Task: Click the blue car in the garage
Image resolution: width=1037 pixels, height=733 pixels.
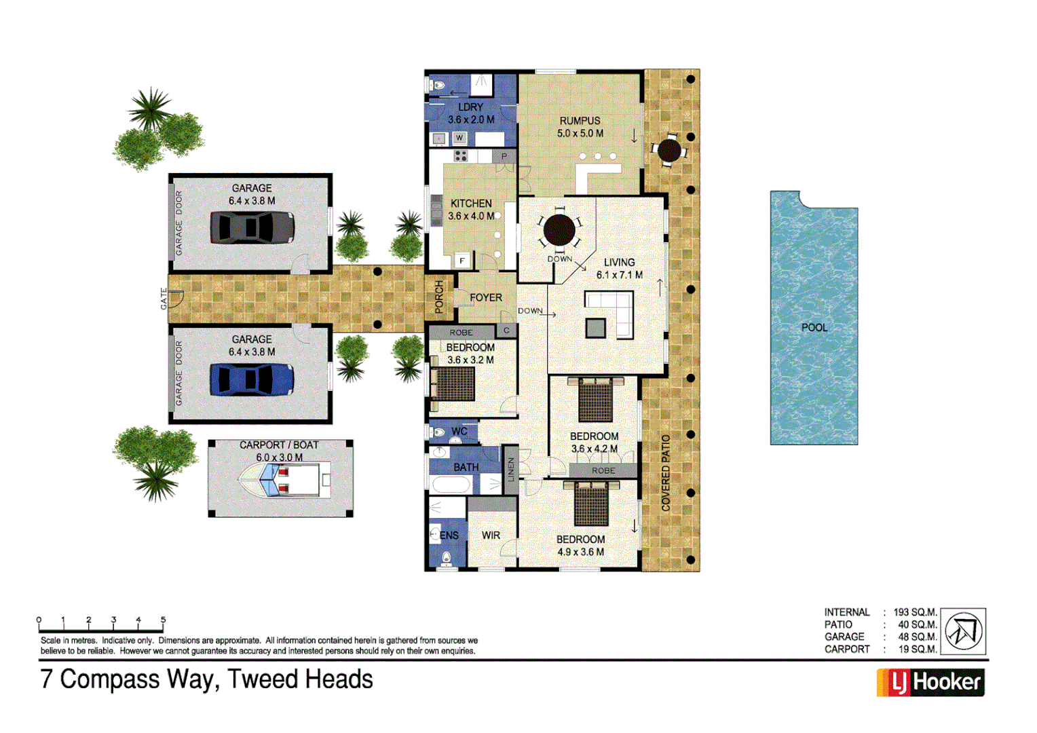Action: (x=252, y=379)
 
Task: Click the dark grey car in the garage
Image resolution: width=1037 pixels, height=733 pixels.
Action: (x=252, y=227)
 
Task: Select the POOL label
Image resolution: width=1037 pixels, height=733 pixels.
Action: (x=814, y=327)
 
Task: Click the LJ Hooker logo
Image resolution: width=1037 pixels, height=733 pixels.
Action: (x=930, y=682)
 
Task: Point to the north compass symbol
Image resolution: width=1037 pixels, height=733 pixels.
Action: (x=964, y=631)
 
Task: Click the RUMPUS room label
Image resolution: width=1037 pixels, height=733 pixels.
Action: (x=580, y=121)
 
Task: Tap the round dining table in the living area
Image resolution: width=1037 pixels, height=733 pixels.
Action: (x=559, y=230)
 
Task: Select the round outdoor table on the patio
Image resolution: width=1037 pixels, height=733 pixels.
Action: (x=669, y=151)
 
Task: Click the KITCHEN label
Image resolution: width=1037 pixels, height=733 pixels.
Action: (x=471, y=204)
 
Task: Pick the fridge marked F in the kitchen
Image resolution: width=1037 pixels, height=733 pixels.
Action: (x=462, y=261)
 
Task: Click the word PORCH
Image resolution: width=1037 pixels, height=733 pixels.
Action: (x=439, y=297)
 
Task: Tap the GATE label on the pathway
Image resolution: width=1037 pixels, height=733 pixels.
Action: (x=164, y=299)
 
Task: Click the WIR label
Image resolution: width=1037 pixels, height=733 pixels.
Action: (x=491, y=535)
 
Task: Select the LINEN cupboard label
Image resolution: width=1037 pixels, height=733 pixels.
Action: (x=511, y=470)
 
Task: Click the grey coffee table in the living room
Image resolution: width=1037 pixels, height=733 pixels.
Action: (x=595, y=328)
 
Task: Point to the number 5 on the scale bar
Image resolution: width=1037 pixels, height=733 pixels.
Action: (x=163, y=620)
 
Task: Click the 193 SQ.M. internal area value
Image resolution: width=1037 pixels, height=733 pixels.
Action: (x=915, y=612)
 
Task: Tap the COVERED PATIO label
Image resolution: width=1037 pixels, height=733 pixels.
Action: (x=666, y=473)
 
